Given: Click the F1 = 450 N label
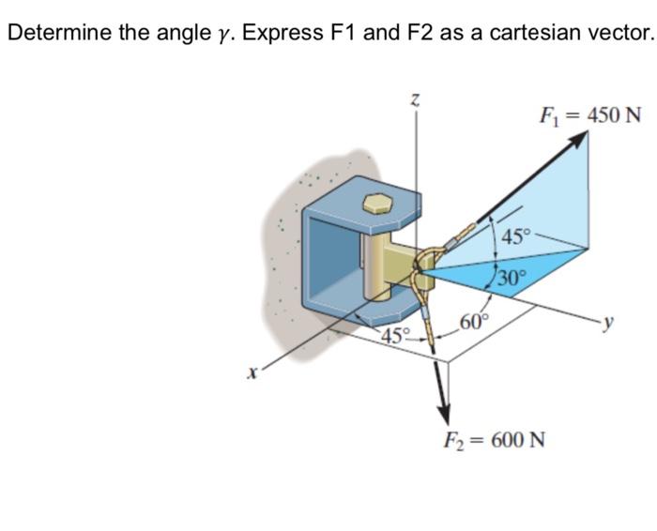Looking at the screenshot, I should [589, 115].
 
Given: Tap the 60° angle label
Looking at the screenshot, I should [475, 325].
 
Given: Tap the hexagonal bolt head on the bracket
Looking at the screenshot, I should [376, 204].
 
